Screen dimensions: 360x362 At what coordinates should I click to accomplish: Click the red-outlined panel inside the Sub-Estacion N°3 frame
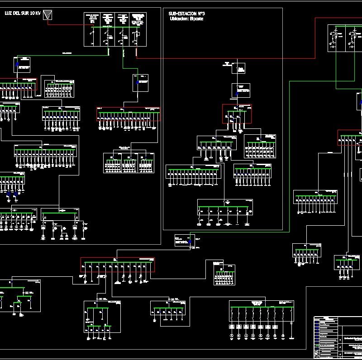[236, 114]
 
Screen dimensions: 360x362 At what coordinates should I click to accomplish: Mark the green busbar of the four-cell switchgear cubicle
[115, 28]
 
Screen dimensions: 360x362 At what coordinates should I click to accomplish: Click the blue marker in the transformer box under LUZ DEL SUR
[17, 65]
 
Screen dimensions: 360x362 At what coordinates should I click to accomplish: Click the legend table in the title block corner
[326, 337]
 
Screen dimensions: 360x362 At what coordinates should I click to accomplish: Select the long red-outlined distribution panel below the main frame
[118, 265]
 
